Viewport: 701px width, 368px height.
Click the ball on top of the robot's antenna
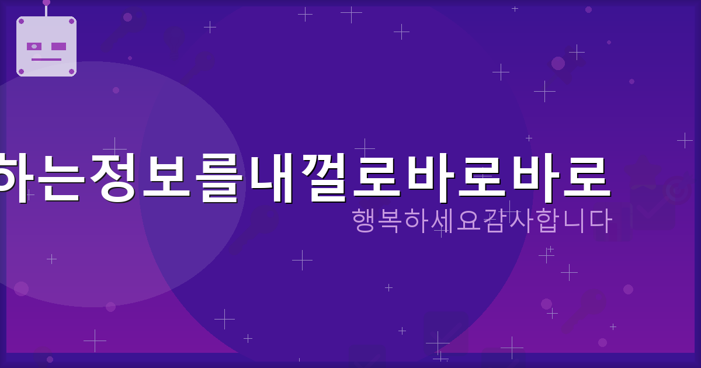click(x=46, y=2)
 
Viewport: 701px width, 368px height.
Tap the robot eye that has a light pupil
click(x=34, y=46)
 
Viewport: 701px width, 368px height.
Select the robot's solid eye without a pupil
click(x=58, y=46)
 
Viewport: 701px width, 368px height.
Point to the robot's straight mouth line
click(x=46, y=60)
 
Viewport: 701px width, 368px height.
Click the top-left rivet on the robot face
click(x=22, y=21)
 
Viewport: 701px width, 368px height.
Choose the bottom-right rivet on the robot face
click(x=71, y=72)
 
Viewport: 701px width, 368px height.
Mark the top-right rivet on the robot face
click(x=71, y=21)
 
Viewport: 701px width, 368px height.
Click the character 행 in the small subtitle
click(x=365, y=221)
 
